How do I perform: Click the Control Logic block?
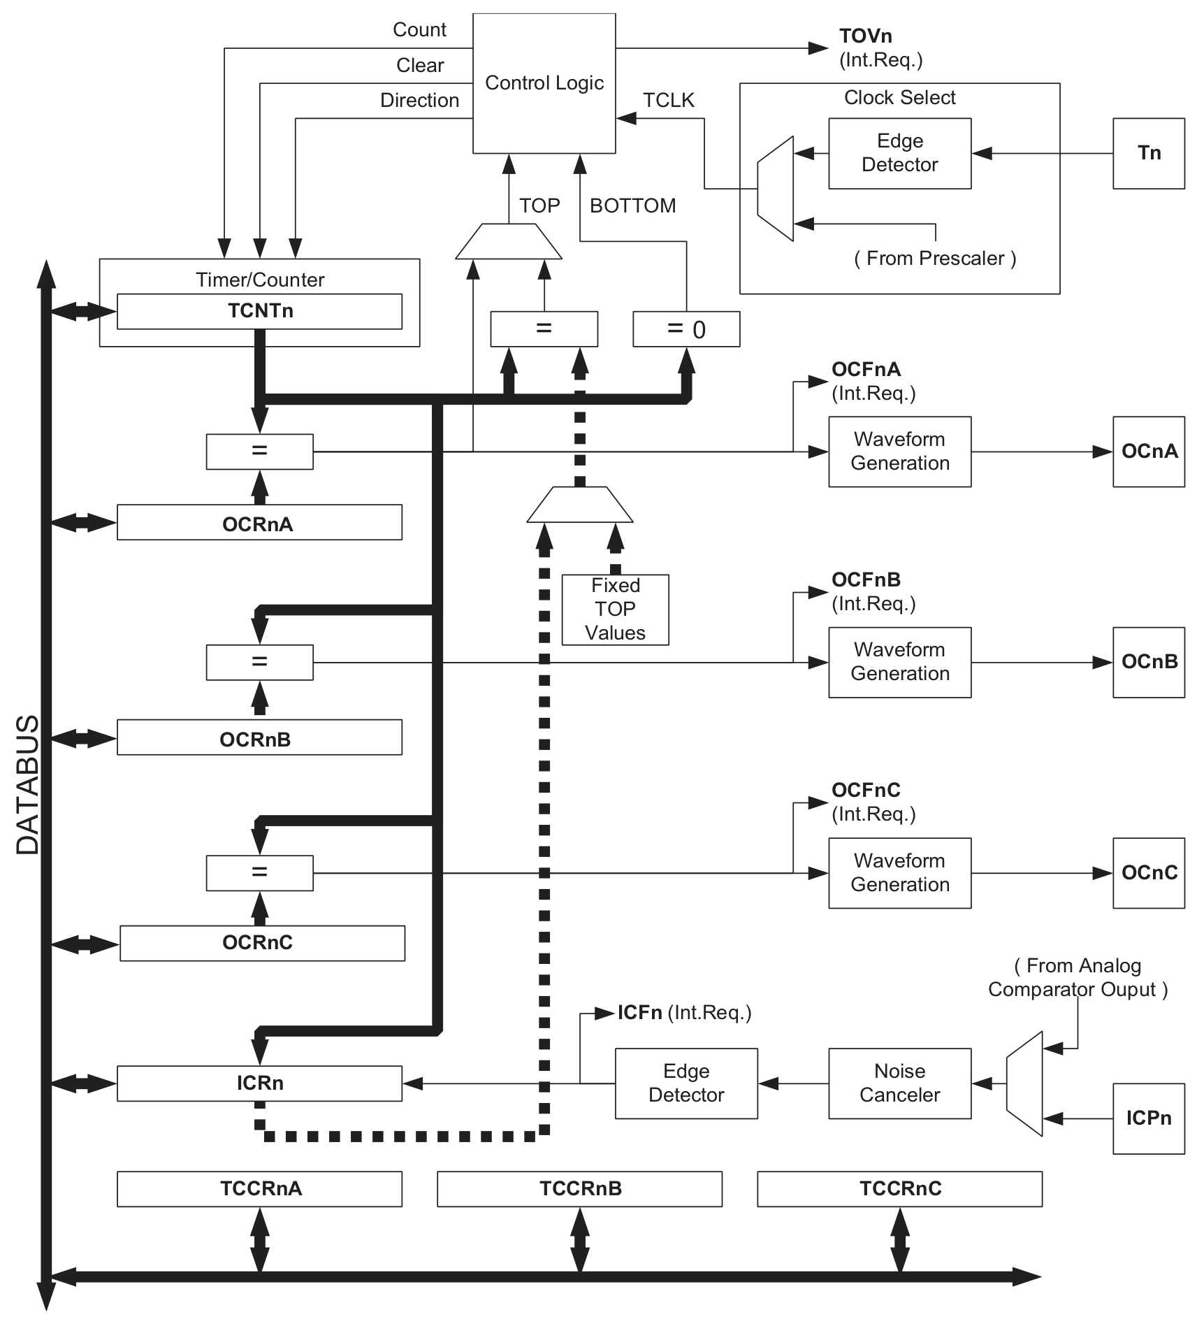coord(544,83)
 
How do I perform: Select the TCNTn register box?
coord(259,311)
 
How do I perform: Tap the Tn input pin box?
coord(1148,153)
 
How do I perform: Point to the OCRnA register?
coord(259,522)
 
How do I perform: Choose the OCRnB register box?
coord(259,737)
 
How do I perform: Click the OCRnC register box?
coord(262,943)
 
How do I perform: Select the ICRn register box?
coord(259,1083)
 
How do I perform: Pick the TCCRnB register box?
coord(579,1189)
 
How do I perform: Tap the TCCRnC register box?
coord(899,1189)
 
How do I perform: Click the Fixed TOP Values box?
coord(615,610)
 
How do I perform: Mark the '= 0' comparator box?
coord(685,329)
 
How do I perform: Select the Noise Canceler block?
coord(899,1083)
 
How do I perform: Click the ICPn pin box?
coord(1148,1118)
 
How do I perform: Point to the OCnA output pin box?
coord(1148,452)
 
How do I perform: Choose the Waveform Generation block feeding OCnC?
coord(899,873)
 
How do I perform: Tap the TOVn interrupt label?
coord(865,36)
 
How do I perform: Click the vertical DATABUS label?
coord(28,784)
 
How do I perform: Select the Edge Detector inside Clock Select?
coord(899,153)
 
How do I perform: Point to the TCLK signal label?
coord(669,101)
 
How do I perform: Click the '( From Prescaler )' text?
coord(934,259)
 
